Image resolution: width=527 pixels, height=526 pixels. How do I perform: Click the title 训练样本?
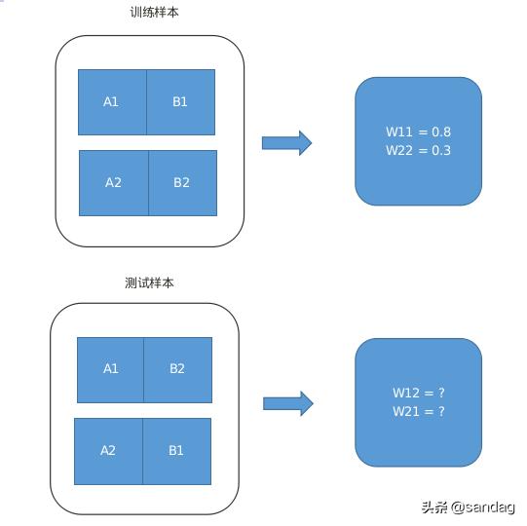pos(154,13)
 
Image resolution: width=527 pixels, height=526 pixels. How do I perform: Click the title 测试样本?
pos(149,282)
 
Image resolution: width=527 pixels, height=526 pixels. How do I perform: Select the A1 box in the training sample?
pos(112,102)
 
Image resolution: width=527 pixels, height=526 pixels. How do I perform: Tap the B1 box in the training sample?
pos(181,102)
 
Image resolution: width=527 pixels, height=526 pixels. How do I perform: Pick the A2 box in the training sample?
pos(114,183)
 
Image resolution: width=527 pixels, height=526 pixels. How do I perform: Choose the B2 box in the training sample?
pos(183,183)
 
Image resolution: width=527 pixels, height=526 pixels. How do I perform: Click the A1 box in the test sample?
pos(110,370)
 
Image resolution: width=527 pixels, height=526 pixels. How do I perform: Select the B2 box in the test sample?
pos(178,370)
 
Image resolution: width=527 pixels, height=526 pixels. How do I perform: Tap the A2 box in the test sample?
pos(108,451)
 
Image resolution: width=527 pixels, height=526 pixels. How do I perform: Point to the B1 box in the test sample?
pos(176,451)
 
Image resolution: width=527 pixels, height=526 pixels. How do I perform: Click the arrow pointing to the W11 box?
pos(286,143)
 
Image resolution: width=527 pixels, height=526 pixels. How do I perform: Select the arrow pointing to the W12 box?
pos(288,403)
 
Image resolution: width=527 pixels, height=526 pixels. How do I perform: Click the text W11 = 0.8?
pos(418,131)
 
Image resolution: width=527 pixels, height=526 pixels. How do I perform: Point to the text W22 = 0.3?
pos(418,150)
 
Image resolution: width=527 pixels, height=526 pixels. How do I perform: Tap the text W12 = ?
pos(419,393)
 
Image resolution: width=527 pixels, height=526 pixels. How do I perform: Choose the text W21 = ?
pos(419,411)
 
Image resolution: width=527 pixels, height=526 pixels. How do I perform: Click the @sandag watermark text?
pos(482,507)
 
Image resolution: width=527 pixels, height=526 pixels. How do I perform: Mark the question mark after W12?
pos(441,393)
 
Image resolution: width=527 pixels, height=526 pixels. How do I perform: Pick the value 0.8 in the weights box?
pos(441,131)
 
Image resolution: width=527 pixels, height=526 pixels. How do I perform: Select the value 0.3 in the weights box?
pos(441,150)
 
